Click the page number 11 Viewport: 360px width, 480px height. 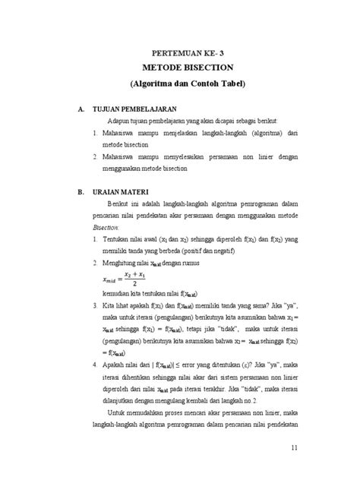coord(295,448)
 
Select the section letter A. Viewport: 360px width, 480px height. coord(80,109)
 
